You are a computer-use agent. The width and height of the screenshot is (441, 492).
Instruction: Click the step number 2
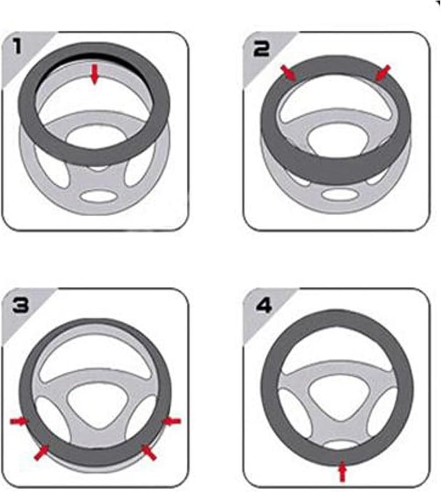click(x=261, y=49)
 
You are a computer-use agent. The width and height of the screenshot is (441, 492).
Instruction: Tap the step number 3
click(x=20, y=305)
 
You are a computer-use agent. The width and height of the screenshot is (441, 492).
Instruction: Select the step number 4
click(x=263, y=305)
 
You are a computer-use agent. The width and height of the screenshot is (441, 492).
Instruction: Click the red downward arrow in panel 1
click(x=94, y=74)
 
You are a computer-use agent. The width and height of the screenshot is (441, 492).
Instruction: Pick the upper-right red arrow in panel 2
click(x=383, y=73)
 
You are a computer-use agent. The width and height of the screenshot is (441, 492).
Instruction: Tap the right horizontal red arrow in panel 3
click(x=171, y=421)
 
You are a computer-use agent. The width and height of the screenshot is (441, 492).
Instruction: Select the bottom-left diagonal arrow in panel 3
click(x=41, y=452)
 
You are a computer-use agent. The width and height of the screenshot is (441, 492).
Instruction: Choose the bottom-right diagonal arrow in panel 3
click(x=148, y=452)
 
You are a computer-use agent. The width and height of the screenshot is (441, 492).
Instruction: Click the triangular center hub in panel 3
click(x=94, y=401)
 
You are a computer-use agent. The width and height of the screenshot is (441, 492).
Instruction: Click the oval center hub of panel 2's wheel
click(x=337, y=140)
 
